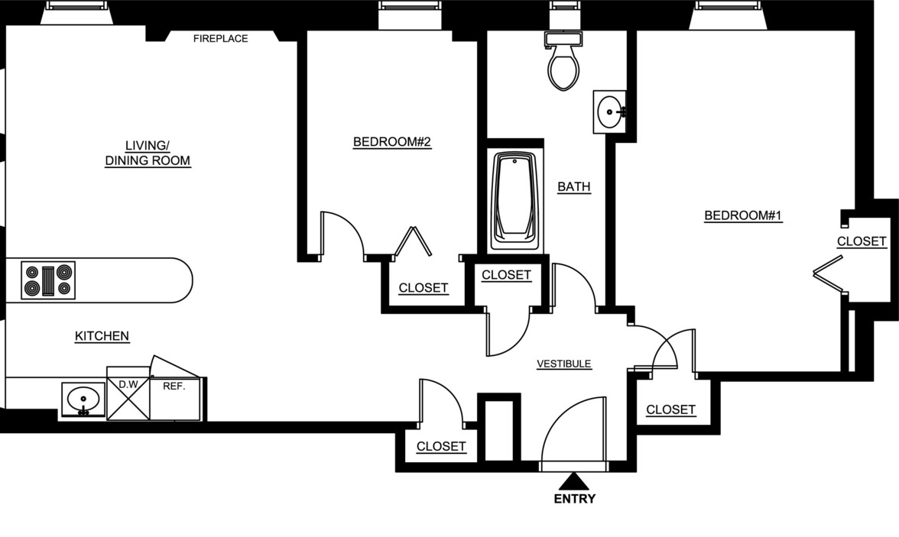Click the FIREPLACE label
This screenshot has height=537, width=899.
pos(220,38)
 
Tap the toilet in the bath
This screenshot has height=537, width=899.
pos(564,64)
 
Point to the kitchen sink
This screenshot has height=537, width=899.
pos(83,400)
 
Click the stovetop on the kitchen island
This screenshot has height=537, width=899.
pos(47,280)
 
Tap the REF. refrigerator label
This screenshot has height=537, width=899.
pos(174,387)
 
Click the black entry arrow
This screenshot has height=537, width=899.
pos(573,481)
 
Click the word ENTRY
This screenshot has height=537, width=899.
pos(574,500)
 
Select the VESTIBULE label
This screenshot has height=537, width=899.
pos(564,364)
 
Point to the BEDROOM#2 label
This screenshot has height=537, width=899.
pos(392,142)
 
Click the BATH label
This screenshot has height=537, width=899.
pos(573,186)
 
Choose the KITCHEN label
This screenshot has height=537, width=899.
pos(102,336)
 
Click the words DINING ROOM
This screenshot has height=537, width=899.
pos(148,161)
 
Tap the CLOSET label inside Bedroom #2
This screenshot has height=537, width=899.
pos(424,288)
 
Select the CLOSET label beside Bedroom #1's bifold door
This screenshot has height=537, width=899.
pos(862,241)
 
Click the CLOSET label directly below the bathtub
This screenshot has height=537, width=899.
pos(506,275)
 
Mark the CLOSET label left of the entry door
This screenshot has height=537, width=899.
pos(441,446)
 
